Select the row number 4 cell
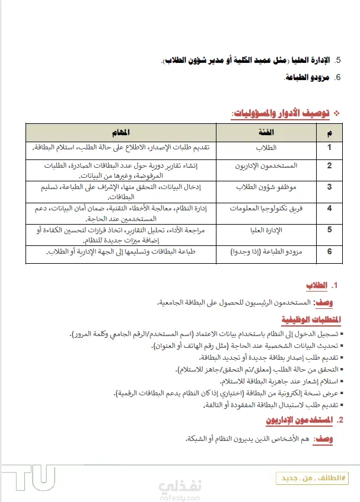click(329, 208)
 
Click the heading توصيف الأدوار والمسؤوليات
click(282, 113)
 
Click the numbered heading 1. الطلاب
click(321, 286)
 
